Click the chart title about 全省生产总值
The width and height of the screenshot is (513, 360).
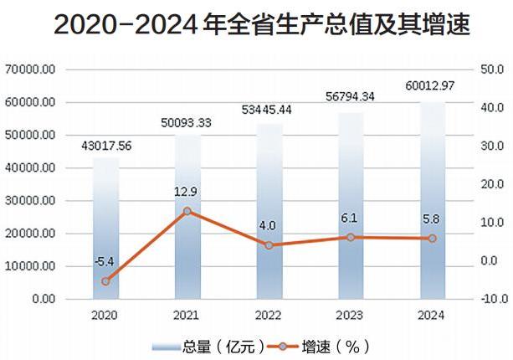(x=256, y=25)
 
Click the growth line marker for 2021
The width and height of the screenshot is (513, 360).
(x=187, y=212)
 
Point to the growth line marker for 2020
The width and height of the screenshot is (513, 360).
(x=105, y=281)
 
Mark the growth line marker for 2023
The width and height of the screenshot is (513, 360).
(x=351, y=238)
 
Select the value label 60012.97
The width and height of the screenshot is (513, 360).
(x=432, y=87)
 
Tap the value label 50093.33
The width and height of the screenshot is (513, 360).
(x=187, y=123)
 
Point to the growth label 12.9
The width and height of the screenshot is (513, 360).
(x=187, y=192)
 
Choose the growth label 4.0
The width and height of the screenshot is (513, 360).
(x=269, y=226)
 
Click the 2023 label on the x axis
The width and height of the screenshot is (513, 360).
(x=351, y=316)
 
